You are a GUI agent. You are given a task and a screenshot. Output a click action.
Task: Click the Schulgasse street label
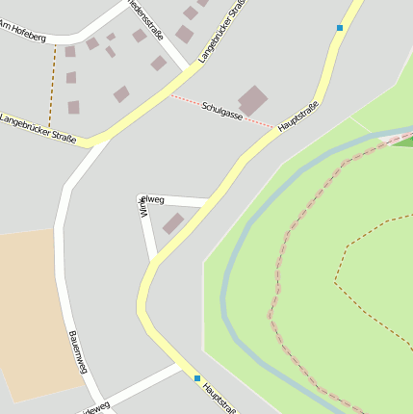pyautogui.click(x=222, y=111)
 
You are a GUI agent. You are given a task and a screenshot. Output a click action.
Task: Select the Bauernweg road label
pyautogui.click(x=79, y=351)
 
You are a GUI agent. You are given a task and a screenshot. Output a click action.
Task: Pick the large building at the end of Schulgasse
pyautogui.click(x=253, y=100)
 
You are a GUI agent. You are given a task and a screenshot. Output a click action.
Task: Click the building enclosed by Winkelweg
pyautogui.click(x=172, y=223)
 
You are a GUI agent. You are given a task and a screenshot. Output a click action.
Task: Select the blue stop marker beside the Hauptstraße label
pyautogui.click(x=197, y=378)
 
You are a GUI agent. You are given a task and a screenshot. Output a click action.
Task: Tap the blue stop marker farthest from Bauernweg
pyautogui.click(x=340, y=28)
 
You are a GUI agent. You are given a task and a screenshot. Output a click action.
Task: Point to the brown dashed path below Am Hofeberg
pyautogui.click(x=52, y=82)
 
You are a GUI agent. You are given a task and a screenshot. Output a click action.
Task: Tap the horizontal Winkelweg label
pyautogui.click(x=154, y=199)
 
